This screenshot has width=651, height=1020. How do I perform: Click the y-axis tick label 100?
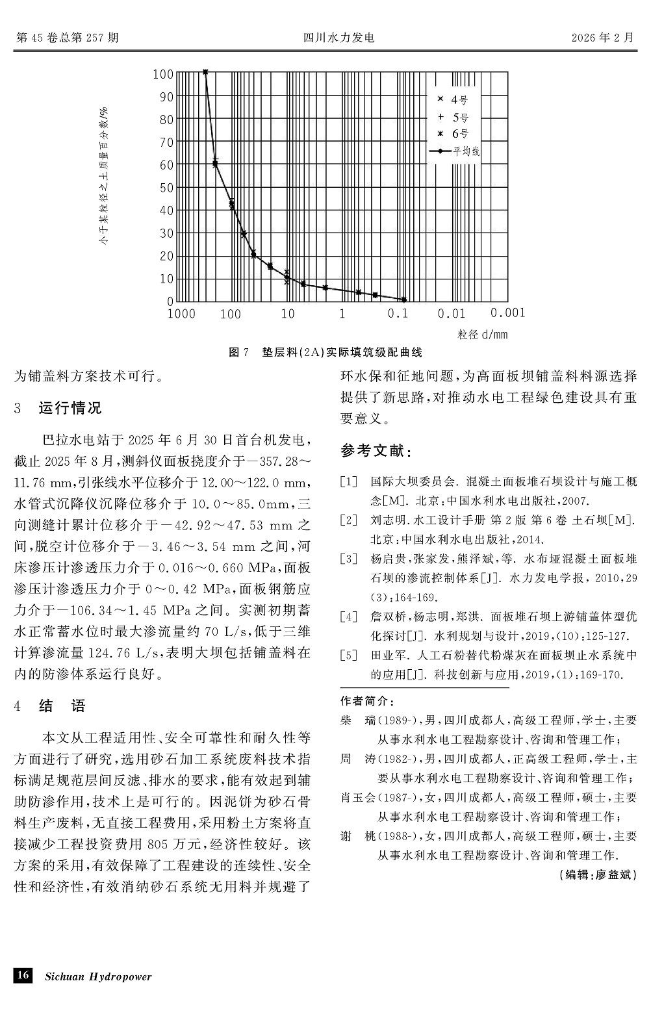click(163, 74)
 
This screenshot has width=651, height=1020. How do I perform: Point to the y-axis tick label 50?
click(166, 188)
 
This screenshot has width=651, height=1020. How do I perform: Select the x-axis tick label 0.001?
click(507, 313)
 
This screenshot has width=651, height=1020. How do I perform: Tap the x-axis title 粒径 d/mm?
click(482, 335)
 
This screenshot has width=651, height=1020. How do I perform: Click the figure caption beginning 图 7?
click(325, 352)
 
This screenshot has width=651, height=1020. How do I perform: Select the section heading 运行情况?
click(70, 408)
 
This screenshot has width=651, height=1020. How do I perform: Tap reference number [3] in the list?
click(349, 558)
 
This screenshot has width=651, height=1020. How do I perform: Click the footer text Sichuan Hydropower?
click(97, 976)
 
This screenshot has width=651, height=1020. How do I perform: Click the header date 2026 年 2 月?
click(602, 38)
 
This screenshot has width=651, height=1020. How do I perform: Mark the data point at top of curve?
click(205, 71)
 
